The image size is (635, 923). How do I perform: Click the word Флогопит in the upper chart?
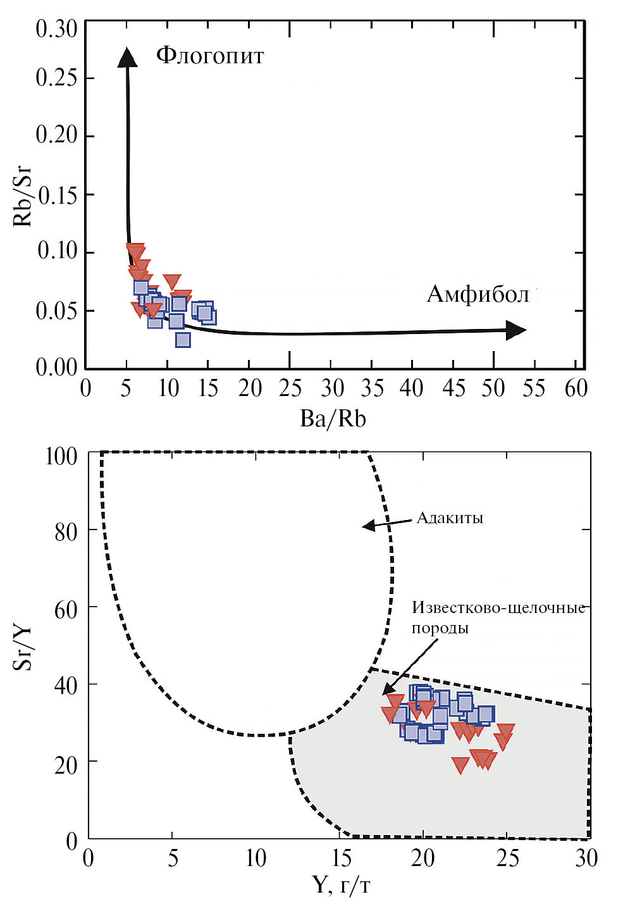[210, 56]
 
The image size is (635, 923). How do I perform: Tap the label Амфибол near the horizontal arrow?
[478, 294]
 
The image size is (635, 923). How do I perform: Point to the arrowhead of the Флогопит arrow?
[127, 56]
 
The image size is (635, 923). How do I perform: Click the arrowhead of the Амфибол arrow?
[517, 330]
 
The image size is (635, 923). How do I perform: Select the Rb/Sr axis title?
[23, 195]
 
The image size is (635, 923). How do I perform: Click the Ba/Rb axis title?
[333, 419]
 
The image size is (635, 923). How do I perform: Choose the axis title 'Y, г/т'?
[342, 885]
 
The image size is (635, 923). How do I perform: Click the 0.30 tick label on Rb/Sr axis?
[56, 28]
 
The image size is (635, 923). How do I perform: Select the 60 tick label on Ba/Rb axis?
[576, 388]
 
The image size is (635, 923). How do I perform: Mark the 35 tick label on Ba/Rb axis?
[372, 388]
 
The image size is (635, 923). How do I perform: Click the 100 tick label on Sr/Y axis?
[61, 456]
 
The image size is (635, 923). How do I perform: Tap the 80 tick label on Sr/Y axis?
[66, 532]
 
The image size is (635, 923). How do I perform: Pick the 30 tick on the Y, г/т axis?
[586, 858]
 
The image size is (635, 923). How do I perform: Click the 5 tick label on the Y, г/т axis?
[173, 858]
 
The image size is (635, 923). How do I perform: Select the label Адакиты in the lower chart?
[450, 518]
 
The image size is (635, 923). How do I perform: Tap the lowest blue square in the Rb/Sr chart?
[182, 340]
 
